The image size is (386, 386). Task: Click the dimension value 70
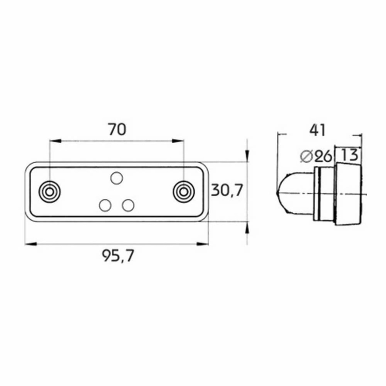117,130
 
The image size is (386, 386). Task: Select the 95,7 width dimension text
118,256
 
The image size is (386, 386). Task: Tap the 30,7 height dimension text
227,190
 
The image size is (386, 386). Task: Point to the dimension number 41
317,130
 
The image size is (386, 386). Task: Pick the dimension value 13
349,155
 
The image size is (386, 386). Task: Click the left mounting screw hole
50,191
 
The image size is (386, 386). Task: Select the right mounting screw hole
184,191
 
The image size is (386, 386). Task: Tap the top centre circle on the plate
117,178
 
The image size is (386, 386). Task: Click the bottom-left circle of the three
105,205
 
